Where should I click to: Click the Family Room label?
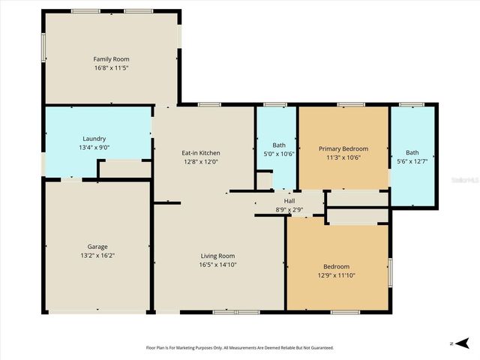(111, 58)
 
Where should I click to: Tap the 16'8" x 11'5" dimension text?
(111, 67)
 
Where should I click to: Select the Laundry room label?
(94, 138)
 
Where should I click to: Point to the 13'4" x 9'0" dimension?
(94, 147)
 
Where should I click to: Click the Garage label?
(97, 247)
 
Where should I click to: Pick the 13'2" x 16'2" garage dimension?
(97, 256)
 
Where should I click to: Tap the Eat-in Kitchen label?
(201, 153)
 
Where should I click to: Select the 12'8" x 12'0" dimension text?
(201, 162)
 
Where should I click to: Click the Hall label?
(289, 201)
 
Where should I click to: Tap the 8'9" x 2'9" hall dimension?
(289, 209)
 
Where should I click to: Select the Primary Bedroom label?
(343, 148)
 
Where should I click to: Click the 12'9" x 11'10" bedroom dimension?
(336, 275)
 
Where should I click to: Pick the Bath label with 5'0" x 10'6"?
(279, 145)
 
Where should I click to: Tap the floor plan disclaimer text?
(239, 347)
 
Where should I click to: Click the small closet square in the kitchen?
(263, 181)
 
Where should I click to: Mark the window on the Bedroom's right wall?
(390, 272)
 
